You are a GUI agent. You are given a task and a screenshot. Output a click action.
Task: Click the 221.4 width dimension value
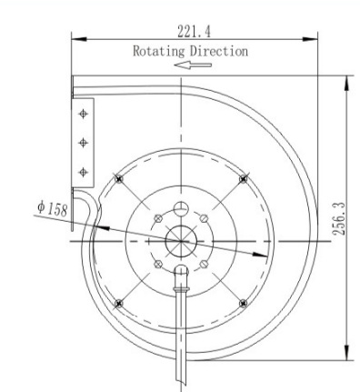194,32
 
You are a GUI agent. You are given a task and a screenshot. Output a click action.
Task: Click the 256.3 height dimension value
338,219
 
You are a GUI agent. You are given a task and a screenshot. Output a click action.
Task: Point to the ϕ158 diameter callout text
52,209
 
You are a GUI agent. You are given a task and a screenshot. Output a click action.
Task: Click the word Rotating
159,51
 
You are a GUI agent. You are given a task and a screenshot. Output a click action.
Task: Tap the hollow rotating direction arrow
193,65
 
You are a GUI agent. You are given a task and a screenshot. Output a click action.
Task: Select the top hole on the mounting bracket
83,114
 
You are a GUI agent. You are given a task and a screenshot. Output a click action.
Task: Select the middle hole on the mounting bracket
83,143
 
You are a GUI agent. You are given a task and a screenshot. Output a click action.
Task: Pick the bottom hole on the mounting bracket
83,172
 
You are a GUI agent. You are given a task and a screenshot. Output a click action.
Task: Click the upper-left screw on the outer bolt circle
119,179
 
